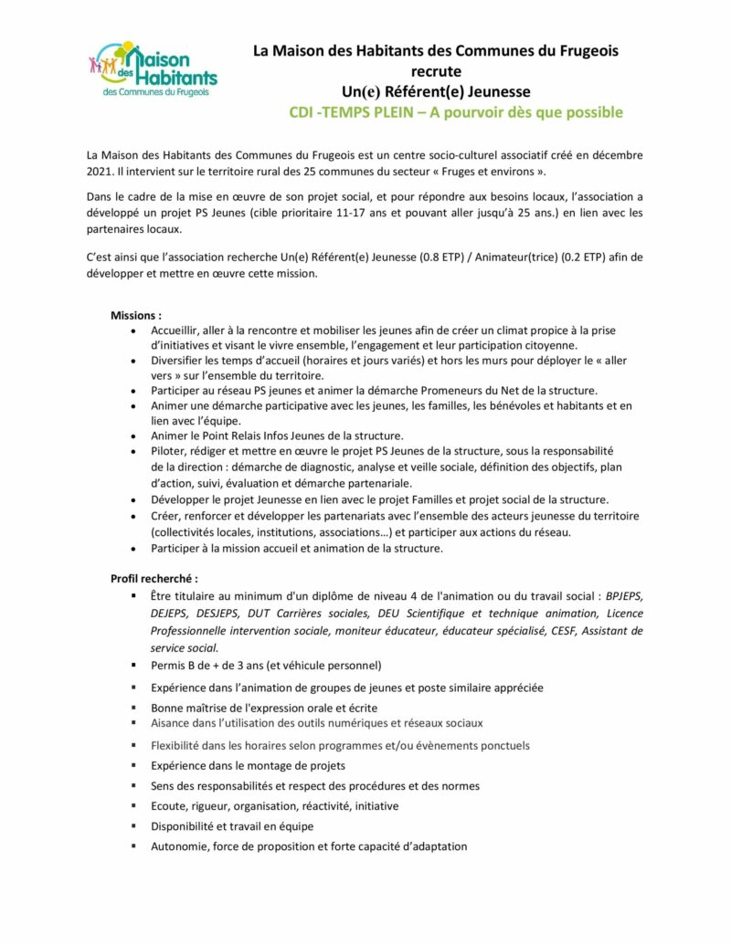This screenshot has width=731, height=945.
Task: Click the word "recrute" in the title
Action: (436, 71)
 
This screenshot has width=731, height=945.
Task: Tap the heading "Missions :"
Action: (136, 315)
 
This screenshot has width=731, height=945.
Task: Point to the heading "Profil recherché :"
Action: (154, 578)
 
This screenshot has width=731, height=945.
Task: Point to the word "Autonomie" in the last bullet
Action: (180, 846)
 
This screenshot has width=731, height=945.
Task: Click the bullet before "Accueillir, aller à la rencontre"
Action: (135, 331)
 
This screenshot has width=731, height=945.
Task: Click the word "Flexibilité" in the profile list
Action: (178, 745)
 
